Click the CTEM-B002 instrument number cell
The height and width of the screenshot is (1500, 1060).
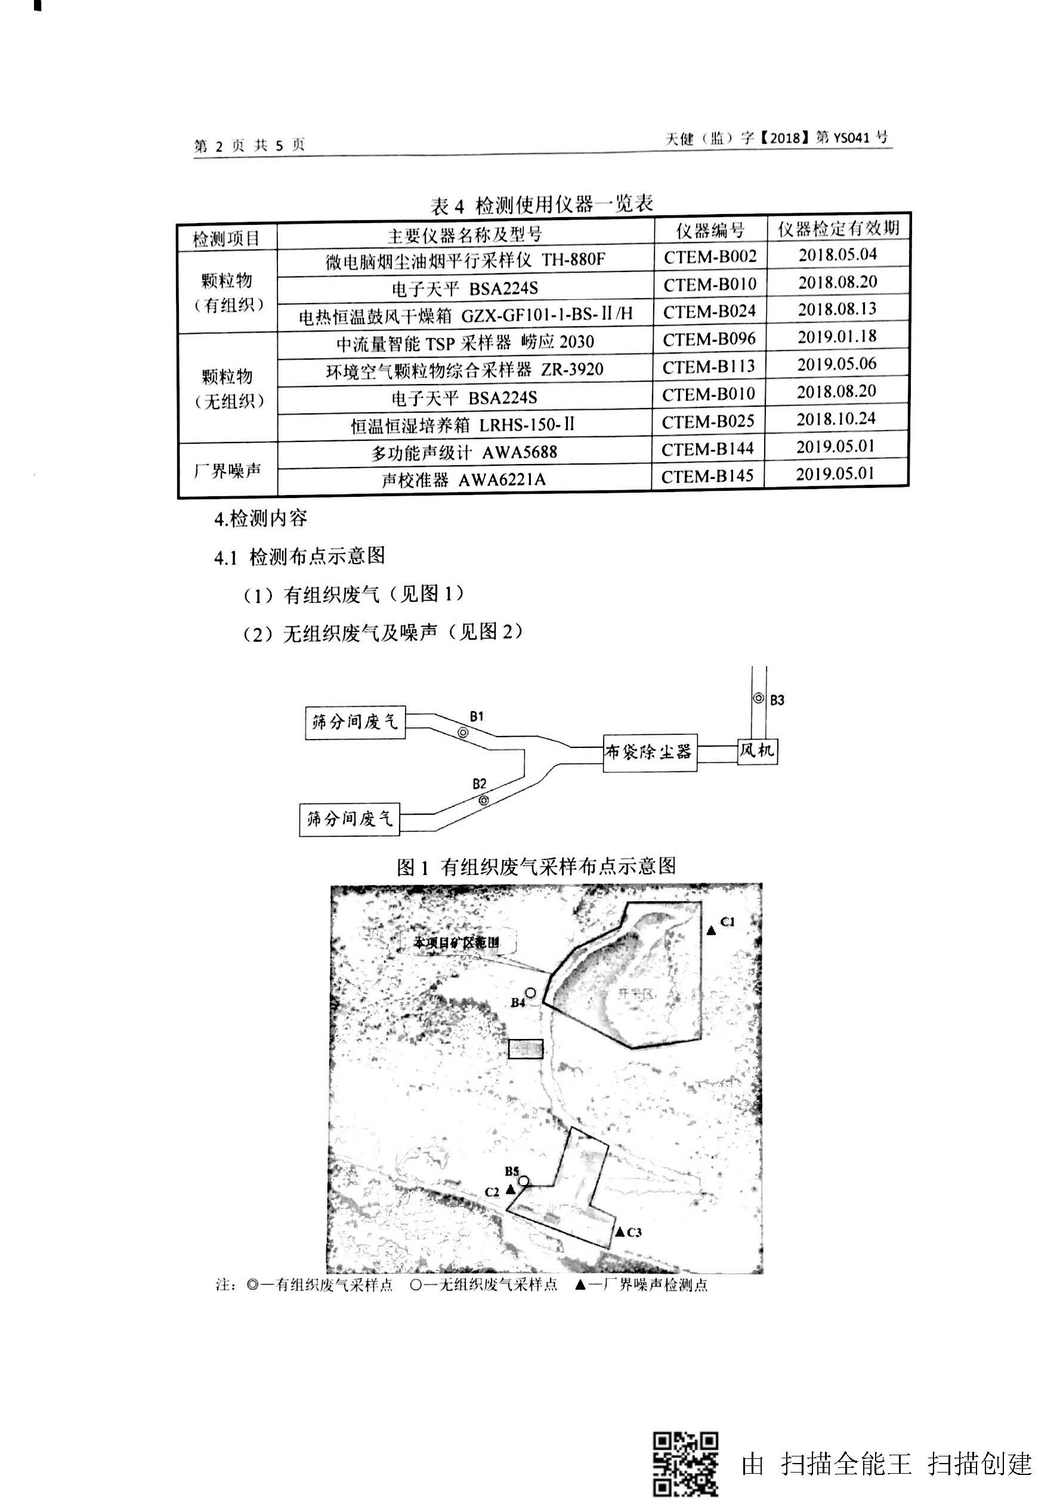point(710,256)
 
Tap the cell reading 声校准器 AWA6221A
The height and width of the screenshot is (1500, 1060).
point(463,480)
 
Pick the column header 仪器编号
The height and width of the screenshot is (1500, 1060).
point(710,231)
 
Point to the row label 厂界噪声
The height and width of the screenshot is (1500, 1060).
point(227,470)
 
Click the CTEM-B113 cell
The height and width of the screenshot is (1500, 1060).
point(709,367)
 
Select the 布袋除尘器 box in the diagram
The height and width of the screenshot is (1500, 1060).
point(648,752)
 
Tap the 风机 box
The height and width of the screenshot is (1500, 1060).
point(757,750)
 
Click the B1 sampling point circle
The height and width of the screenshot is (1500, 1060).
point(463,733)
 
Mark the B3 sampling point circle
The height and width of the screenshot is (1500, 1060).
point(759,698)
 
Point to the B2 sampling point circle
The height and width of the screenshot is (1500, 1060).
point(483,800)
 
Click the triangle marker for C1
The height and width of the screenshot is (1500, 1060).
point(712,930)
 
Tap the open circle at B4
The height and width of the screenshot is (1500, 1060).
point(531,993)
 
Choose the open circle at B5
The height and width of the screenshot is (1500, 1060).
point(524,1180)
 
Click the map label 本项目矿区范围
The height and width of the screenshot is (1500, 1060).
point(457,942)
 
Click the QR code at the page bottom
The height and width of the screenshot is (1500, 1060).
point(685,1464)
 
